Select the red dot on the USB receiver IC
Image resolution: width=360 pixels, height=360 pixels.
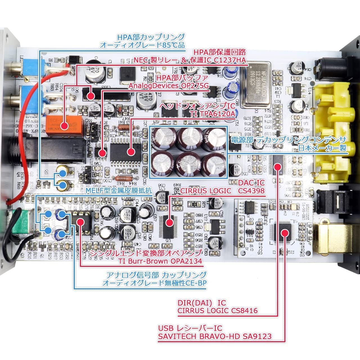pyautogui.click(x=285, y=233)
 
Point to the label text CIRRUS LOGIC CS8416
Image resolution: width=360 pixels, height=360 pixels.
pyautogui.click(x=217, y=310)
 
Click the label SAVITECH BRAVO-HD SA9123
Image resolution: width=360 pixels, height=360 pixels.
pyautogui.click(x=215, y=336)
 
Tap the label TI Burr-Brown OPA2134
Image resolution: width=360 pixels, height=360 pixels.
pyautogui.click(x=160, y=261)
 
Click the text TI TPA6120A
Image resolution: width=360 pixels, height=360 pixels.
pyautogui.click(x=213, y=114)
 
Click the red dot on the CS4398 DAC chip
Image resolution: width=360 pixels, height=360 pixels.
pyautogui.click(x=169, y=223)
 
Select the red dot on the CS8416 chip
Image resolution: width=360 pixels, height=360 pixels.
pyautogui.click(x=278, y=166)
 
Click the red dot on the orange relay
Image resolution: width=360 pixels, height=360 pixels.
pyautogui.click(x=64, y=125)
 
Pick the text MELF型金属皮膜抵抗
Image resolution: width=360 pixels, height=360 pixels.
pyautogui.click(x=119, y=191)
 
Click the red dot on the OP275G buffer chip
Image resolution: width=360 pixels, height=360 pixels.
pyautogui.click(x=103, y=153)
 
